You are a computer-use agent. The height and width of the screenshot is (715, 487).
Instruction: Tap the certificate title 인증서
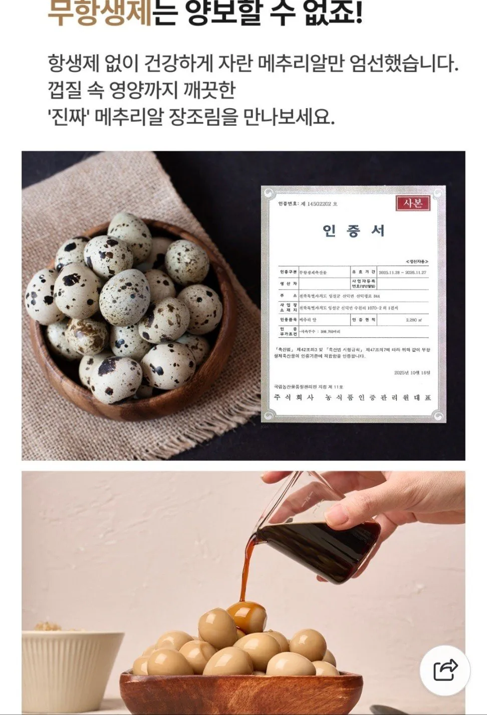pyautogui.click(x=353, y=230)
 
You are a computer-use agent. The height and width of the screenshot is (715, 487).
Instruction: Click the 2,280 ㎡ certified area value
pyautogui.click(x=414, y=319)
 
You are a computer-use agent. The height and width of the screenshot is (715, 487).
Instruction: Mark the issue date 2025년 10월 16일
pyautogui.click(x=412, y=373)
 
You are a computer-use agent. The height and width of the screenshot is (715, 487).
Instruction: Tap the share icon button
pyautogui.click(x=445, y=670)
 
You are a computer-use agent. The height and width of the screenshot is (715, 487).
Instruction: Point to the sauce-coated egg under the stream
pyautogui.click(x=246, y=616)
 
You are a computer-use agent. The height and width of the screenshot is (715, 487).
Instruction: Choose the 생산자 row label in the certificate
pyautogui.click(x=289, y=284)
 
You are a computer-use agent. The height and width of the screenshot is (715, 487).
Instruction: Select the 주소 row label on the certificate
pyautogui.click(x=289, y=296)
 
